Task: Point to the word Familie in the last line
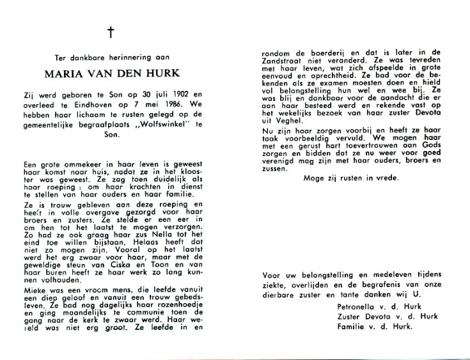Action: (352, 326)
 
